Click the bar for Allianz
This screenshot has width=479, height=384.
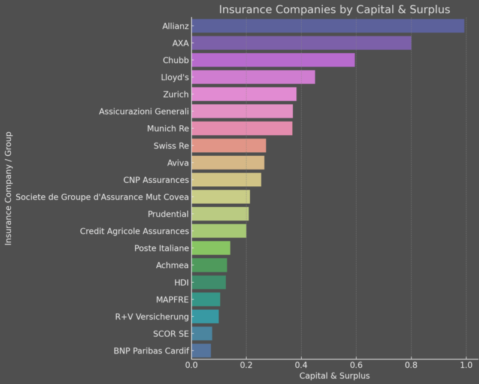[328, 26]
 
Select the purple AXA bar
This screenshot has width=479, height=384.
[301, 43]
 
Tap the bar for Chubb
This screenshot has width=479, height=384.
[273, 60]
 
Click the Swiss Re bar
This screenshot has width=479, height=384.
[229, 146]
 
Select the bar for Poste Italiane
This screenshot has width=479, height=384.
[211, 248]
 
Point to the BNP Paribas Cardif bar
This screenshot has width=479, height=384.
[201, 350]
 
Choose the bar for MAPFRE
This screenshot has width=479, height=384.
[206, 300]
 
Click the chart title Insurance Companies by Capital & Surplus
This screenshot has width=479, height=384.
[334, 9]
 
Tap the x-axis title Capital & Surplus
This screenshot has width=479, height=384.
[334, 376]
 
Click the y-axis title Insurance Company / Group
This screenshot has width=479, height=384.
[8, 188]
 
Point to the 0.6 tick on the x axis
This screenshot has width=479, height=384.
[356, 364]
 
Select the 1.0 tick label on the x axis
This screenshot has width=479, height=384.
[466, 364]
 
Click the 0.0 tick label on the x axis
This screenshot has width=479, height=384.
[192, 364]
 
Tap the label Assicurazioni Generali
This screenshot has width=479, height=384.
[144, 111]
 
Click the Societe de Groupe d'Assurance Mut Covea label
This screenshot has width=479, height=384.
[102, 197]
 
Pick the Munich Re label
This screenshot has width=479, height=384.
[168, 129]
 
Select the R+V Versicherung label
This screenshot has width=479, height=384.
[152, 316]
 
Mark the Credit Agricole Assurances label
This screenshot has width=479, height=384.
[135, 231]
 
